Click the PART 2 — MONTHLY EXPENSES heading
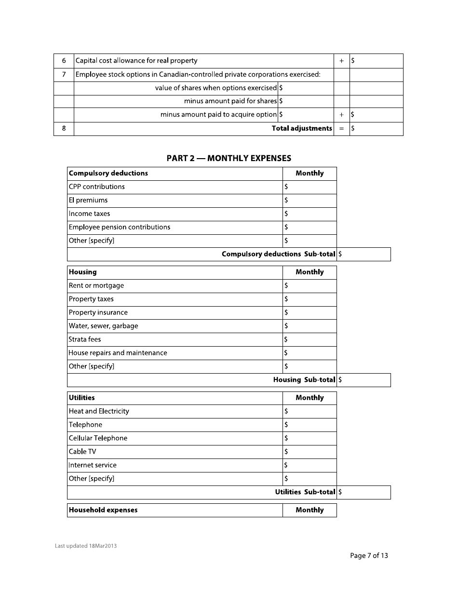pyautogui.click(x=229, y=158)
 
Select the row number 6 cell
pyautogui.click(x=64, y=61)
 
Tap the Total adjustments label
pyautogui.click(x=302, y=128)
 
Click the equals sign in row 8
pyautogui.click(x=341, y=129)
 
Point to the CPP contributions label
pyautogui.click(x=97, y=187)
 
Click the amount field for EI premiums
pyautogui.click(x=310, y=201)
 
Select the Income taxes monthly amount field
pyautogui.click(x=310, y=214)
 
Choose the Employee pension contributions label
pyautogui.click(x=120, y=228)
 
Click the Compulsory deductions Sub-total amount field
pyautogui.click(x=364, y=255)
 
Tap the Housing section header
pyautogui.click(x=83, y=272)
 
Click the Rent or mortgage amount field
pyautogui.click(x=310, y=286)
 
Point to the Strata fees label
pyautogui.click(x=85, y=340)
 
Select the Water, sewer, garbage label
pyautogui.click(x=104, y=326)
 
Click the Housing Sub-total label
pyautogui.click(x=304, y=380)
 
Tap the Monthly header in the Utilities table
pyautogui.click(x=310, y=398)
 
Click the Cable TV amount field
pyautogui.click(x=310, y=452)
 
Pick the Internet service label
pyautogui.click(x=93, y=466)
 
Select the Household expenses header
pyautogui.click(x=103, y=511)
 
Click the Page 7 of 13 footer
pyautogui.click(x=369, y=556)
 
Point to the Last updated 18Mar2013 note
pyautogui.click(x=86, y=546)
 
